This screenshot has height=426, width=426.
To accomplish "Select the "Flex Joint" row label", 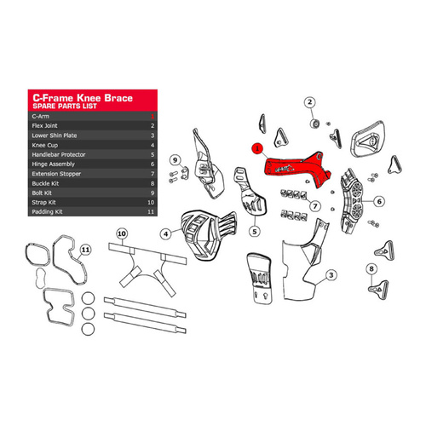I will tap(46, 125).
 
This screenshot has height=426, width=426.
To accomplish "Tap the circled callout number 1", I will tap(256, 147).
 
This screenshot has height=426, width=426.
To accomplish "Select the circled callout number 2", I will tap(309, 102).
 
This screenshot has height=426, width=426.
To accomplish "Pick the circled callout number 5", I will tap(254, 230).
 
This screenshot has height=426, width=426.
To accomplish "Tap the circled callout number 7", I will tap(314, 205).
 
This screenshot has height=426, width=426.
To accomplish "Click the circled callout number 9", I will tap(173, 159).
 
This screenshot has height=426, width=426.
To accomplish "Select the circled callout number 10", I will tap(121, 232).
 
